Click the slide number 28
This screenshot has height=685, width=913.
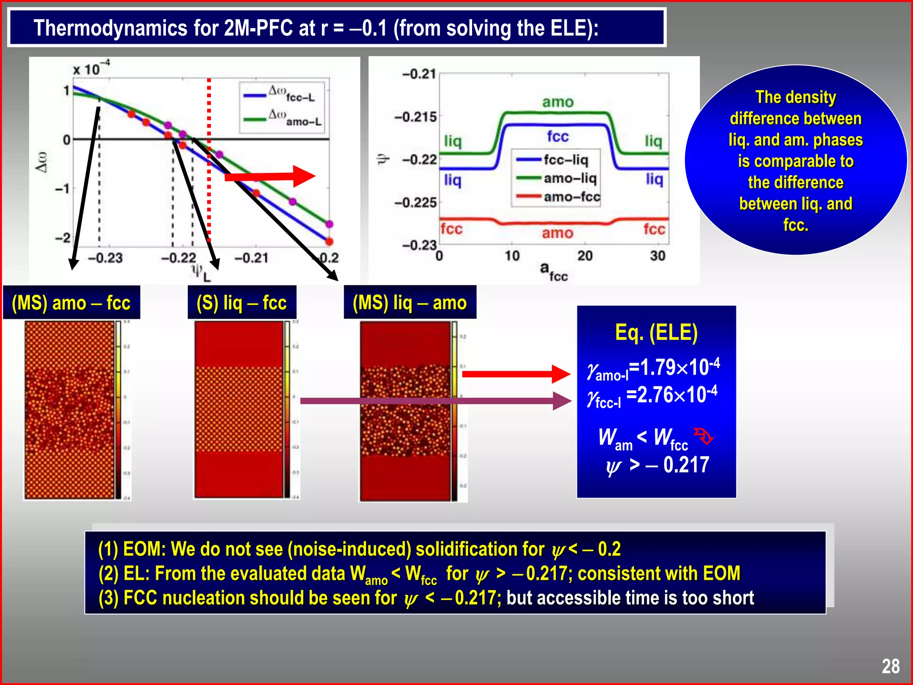pyautogui.click(x=890, y=666)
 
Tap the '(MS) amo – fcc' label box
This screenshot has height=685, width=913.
pyautogui.click(x=71, y=303)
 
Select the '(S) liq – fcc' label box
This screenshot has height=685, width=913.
pyautogui.click(x=242, y=303)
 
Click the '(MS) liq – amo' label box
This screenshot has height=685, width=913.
pyautogui.click(x=410, y=303)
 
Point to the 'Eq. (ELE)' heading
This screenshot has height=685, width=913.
pyautogui.click(x=656, y=333)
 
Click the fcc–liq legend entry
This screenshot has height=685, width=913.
pyautogui.click(x=557, y=160)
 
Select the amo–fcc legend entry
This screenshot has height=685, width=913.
pyautogui.click(x=557, y=197)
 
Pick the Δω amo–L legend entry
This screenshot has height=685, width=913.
pyautogui.click(x=283, y=119)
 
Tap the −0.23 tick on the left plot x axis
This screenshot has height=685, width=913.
pyautogui.click(x=105, y=258)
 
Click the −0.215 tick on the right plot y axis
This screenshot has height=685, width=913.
pyautogui.click(x=415, y=117)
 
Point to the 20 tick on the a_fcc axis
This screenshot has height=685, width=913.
pyautogui.click(x=585, y=256)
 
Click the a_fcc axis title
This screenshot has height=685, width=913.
pyautogui.click(x=553, y=272)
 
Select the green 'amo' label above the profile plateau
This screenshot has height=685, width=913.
pyautogui.click(x=558, y=102)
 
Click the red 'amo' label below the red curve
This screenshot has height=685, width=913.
pyautogui.click(x=557, y=233)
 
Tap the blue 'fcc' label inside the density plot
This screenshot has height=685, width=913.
pyautogui.click(x=558, y=136)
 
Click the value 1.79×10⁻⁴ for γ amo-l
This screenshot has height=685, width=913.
pyautogui.click(x=674, y=367)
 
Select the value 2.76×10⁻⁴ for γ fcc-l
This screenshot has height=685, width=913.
pyautogui.click(x=672, y=395)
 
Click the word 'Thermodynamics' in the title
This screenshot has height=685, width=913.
pyautogui.click(x=110, y=28)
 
